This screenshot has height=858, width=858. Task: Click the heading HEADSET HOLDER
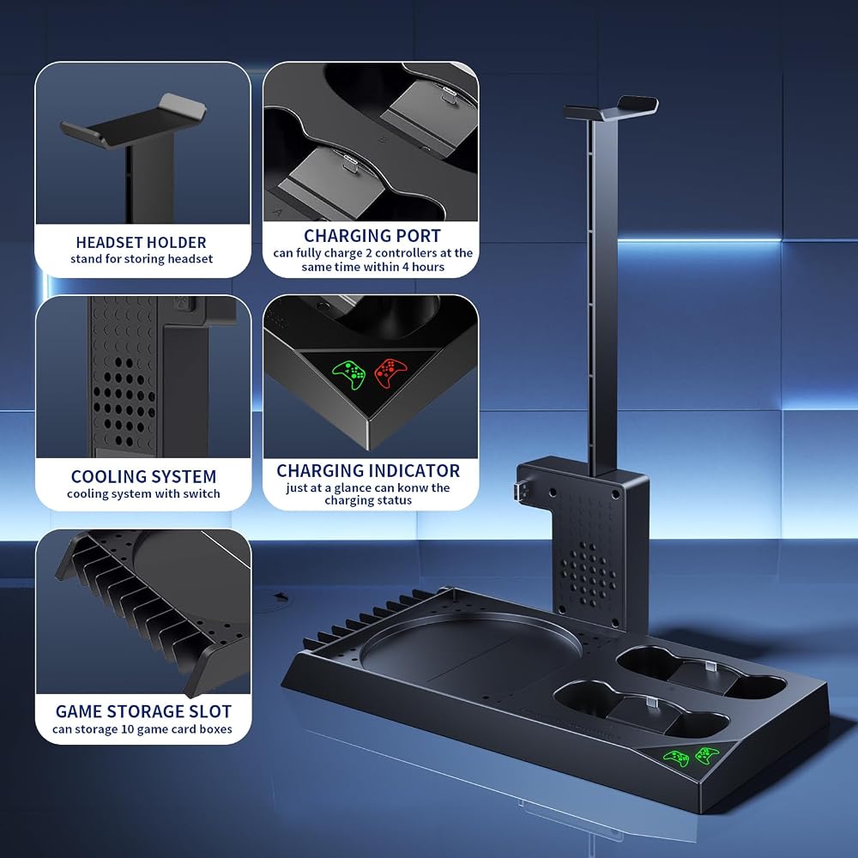coord(142,243)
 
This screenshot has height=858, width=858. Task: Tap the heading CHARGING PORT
coord(372,236)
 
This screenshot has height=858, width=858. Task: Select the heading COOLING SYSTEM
coord(143,476)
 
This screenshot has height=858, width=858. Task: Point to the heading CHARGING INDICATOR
coord(368,470)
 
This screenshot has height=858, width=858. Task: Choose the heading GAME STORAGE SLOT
coord(143,711)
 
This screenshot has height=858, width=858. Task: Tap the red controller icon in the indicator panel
coord(390,372)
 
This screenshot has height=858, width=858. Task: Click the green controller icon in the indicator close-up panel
coord(349,374)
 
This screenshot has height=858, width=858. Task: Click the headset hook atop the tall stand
coord(611,108)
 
